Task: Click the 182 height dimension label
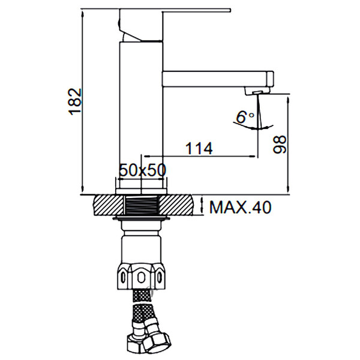75,101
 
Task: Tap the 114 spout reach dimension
199,148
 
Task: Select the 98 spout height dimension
280,145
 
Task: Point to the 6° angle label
245,118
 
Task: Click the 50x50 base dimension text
143,170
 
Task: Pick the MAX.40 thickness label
241,207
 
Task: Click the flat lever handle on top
175,10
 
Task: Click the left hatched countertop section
109,205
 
